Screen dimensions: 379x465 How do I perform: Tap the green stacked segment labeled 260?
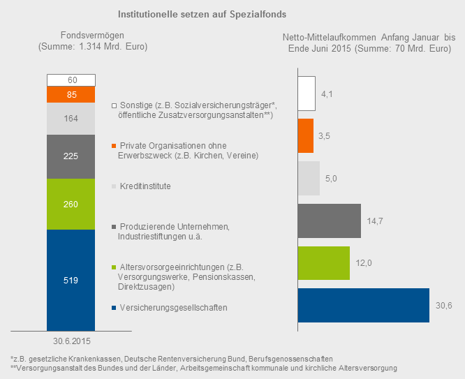(71, 204)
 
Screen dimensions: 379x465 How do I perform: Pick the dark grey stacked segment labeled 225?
(71, 156)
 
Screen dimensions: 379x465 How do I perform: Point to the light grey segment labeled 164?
(71, 119)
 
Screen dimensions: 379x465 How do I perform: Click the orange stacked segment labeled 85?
(71, 94)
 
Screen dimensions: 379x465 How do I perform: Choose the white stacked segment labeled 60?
(71, 80)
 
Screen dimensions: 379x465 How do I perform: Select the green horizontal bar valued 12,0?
(323, 263)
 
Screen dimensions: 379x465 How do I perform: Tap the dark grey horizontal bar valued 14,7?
(329, 221)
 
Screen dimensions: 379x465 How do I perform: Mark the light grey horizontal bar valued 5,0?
(309, 179)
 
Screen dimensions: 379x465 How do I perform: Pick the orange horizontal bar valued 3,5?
(305, 136)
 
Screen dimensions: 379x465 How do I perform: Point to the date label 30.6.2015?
(71, 341)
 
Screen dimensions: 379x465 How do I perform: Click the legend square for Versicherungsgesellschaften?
(114, 309)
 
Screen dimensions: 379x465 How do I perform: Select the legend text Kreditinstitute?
(145, 186)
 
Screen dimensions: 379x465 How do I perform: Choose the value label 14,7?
(375, 221)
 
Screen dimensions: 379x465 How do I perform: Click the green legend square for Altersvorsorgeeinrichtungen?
(114, 267)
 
